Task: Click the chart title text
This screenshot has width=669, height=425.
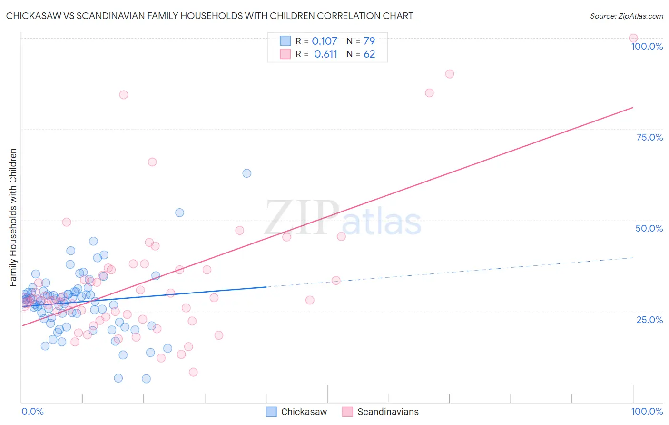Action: click(x=209, y=16)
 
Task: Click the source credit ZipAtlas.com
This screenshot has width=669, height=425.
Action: click(x=626, y=16)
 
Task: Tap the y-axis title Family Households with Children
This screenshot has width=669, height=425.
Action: click(x=13, y=217)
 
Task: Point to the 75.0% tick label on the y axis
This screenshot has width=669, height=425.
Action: click(x=649, y=137)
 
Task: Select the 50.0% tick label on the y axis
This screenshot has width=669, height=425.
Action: click(x=649, y=228)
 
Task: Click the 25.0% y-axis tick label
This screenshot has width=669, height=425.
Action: click(x=649, y=319)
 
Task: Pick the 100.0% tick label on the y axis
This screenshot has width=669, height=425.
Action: click(x=647, y=46)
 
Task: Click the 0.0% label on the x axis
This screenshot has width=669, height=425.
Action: click(x=32, y=411)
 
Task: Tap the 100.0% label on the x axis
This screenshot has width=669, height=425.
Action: click(x=647, y=411)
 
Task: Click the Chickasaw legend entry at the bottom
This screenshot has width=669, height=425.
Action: click(x=296, y=412)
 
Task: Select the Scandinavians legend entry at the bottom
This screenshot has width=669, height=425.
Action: click(x=381, y=412)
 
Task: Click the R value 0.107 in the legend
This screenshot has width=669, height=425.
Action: click(x=325, y=41)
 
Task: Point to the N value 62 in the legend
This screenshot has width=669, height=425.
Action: click(x=369, y=54)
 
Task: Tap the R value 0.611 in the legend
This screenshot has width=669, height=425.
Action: click(x=325, y=54)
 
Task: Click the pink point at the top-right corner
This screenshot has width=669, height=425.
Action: click(x=633, y=38)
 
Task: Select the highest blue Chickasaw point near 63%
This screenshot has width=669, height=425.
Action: click(x=246, y=173)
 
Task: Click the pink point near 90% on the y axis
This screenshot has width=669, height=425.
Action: click(x=450, y=74)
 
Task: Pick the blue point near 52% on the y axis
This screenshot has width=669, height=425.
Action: click(x=179, y=212)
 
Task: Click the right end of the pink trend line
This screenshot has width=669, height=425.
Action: click(x=633, y=107)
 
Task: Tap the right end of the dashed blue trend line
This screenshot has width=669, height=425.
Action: click(x=633, y=257)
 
